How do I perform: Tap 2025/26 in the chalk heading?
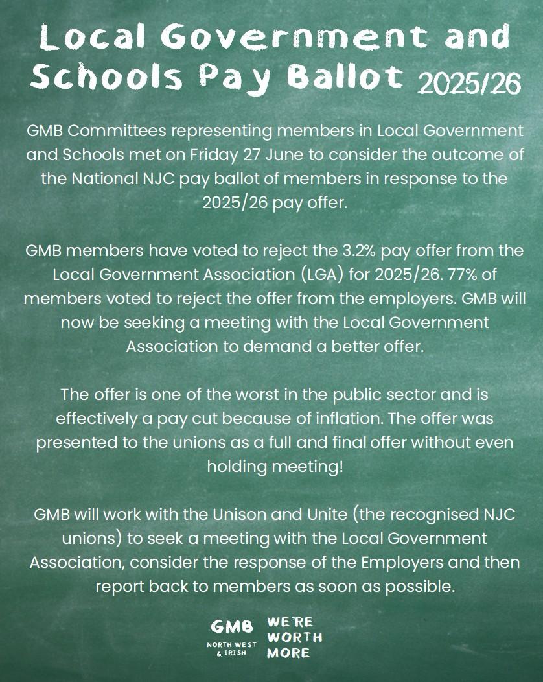tap(470, 82)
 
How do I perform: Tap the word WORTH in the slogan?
tap(294, 637)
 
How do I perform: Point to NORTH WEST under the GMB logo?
tap(231, 645)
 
